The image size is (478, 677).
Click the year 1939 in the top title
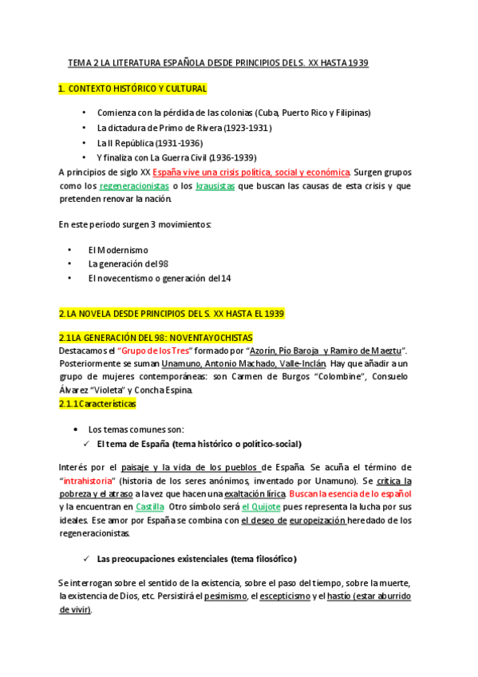point(356,63)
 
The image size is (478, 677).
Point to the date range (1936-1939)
point(233,157)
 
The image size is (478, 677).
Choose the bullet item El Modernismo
point(118,250)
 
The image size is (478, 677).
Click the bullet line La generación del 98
point(128,263)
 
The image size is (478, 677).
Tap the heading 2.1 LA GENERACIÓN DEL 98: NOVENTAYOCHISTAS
point(156,338)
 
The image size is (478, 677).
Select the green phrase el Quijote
point(263,507)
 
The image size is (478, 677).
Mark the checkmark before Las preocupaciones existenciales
point(88,558)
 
